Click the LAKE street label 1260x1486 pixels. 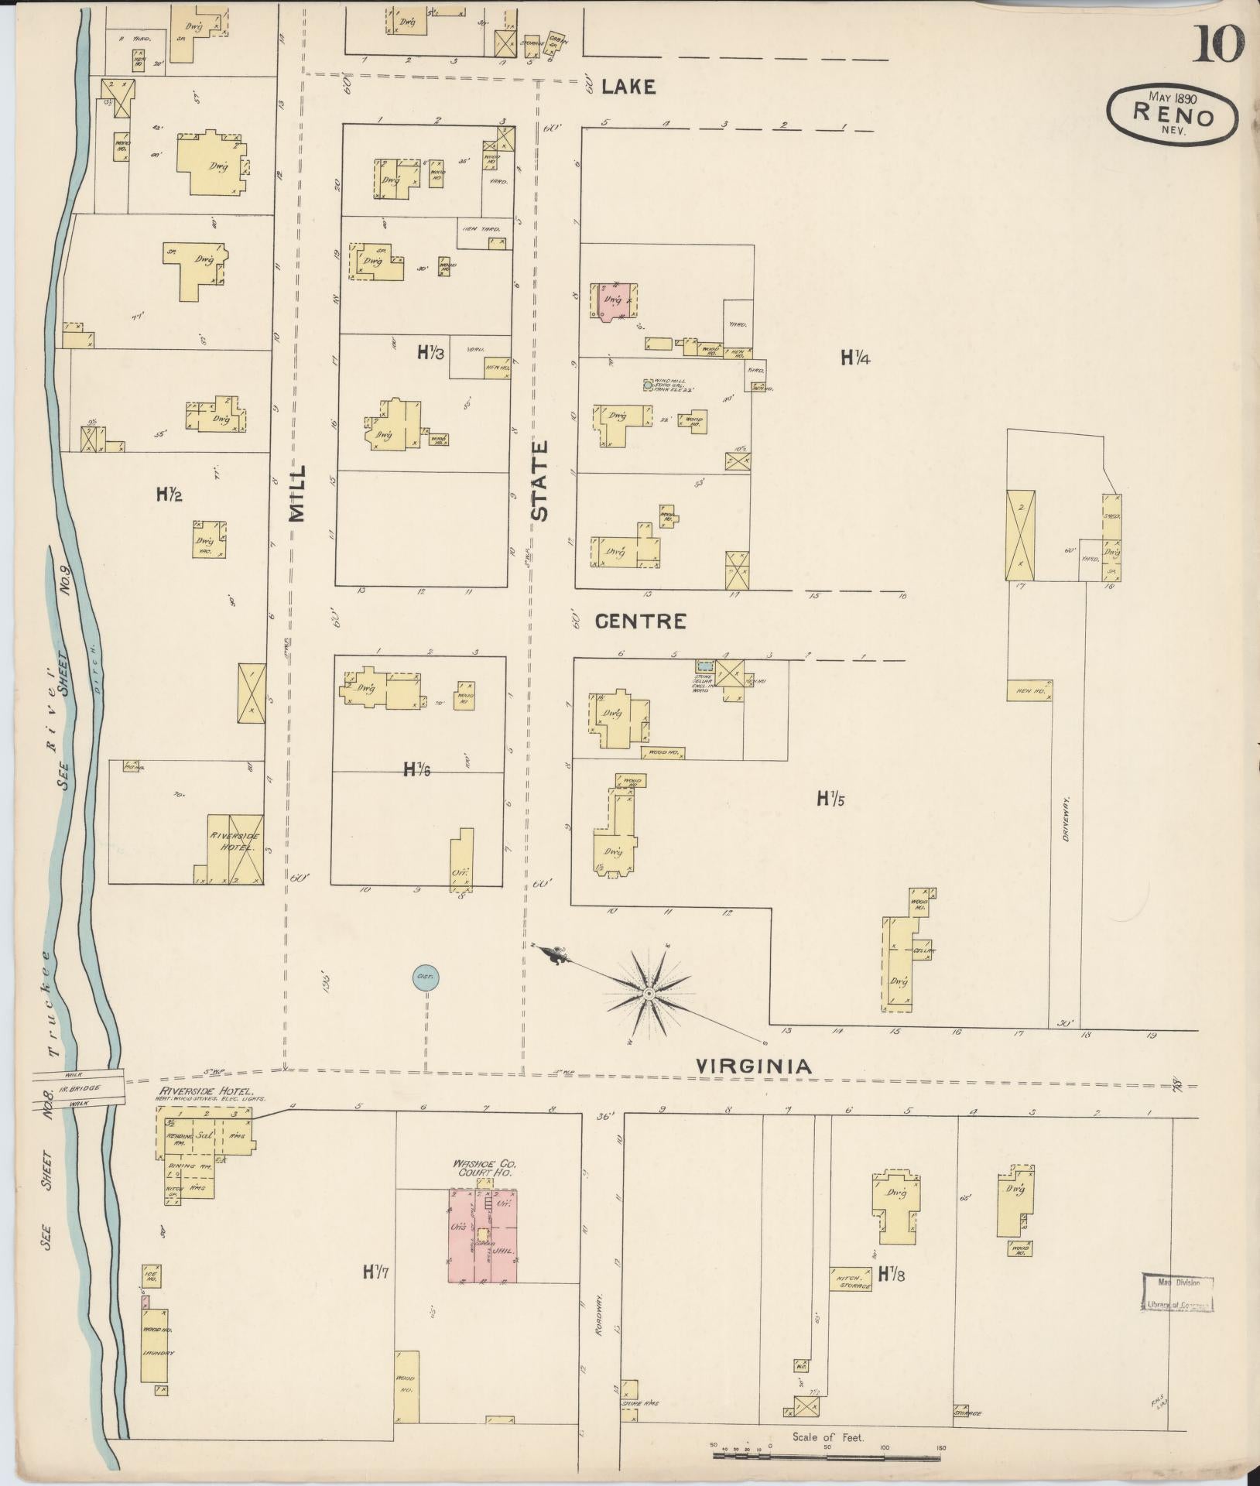tap(628, 87)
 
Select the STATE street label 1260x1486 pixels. tap(539, 480)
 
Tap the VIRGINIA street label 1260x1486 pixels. tap(754, 1067)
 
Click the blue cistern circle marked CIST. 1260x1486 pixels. tap(425, 978)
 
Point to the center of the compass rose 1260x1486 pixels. tap(649, 992)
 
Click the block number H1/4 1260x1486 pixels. tap(857, 357)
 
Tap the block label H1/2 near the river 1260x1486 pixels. tap(169, 493)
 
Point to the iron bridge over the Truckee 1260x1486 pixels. tap(80, 1085)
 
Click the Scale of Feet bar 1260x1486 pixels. tap(828, 1456)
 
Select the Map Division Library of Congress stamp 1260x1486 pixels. tap(1176, 1293)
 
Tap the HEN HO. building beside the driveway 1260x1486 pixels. tap(1029, 690)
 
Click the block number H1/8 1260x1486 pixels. tap(892, 1274)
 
